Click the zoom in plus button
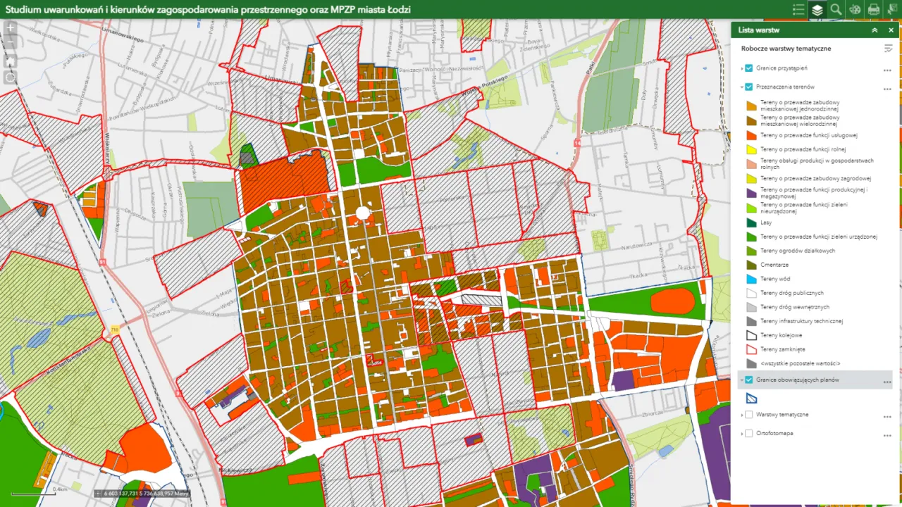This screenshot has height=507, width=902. click(11, 29)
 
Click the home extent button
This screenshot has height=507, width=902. click(11, 61)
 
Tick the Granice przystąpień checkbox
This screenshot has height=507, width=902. click(749, 68)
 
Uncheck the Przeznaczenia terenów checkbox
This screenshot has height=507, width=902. click(749, 87)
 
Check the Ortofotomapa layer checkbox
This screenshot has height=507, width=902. click(749, 433)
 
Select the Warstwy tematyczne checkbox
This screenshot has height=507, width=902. click(749, 415)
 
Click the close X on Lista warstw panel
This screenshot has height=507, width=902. click(891, 30)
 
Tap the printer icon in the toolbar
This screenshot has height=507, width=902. click(873, 9)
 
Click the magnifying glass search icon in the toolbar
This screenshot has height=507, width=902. click(836, 9)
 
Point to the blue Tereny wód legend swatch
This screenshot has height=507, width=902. click(751, 279)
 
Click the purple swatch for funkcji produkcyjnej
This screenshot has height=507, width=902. click(751, 193)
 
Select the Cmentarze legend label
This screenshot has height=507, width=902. click(774, 265)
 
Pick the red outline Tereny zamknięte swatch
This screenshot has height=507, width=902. click(751, 349)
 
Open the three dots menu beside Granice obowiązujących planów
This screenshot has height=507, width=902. click(887, 381)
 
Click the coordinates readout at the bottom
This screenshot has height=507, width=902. click(145, 494)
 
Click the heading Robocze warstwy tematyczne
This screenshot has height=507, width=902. click(786, 49)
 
